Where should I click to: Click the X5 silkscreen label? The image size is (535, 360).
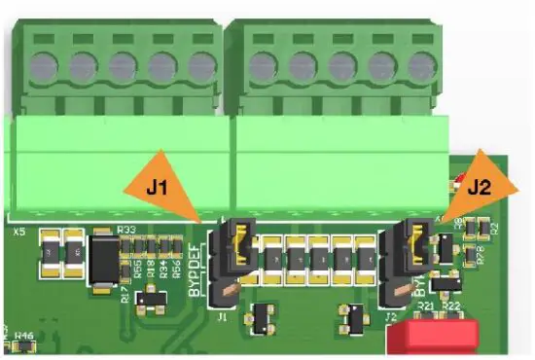click(18, 233)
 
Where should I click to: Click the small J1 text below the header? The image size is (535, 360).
click(222, 314)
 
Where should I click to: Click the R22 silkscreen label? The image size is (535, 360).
click(450, 306)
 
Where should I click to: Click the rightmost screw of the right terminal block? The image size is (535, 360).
click(418, 67)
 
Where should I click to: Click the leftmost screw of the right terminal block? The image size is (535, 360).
click(262, 67)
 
